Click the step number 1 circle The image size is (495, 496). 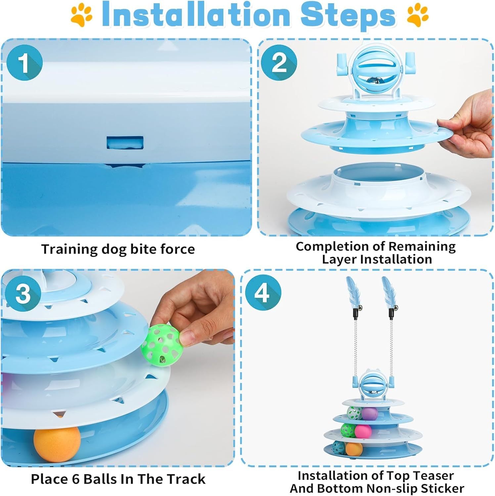[x=24, y=62]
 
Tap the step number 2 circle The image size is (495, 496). [x=279, y=62]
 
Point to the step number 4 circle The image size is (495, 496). [x=263, y=292]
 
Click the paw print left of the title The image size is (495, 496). [x=81, y=15]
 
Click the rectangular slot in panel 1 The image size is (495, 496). [x=125, y=143]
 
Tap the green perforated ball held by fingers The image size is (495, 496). [x=160, y=346]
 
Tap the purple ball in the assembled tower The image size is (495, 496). [x=369, y=413]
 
